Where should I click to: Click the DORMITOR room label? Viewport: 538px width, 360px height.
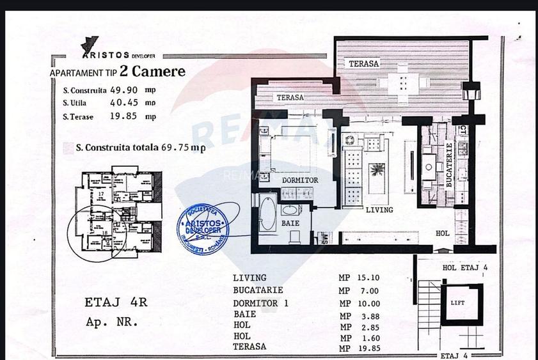click(300, 180)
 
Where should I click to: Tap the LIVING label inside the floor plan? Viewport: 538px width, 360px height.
click(379, 210)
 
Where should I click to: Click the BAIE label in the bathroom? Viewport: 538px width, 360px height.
click(291, 223)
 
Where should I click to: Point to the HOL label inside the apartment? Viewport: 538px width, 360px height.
click(442, 234)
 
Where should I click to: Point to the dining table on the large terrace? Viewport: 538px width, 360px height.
click(402, 82)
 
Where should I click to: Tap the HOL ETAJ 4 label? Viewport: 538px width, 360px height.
click(465, 268)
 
